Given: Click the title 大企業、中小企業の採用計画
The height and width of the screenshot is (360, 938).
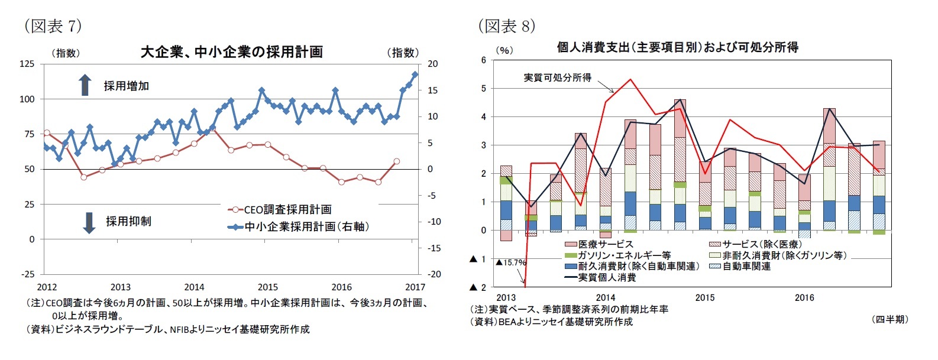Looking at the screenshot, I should [231, 52].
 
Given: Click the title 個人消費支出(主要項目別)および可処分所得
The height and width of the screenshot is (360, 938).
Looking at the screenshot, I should [677, 47].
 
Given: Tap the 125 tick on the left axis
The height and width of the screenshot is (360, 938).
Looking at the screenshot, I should [27, 64].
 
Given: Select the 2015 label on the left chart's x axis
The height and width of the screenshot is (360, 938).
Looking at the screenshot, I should [268, 287].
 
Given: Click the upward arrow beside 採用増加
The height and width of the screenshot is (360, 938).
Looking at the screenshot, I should [85, 85].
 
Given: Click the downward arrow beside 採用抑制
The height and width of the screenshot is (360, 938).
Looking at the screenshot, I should [89, 222].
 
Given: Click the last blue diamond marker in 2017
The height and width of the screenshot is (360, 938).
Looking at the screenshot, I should [415, 74].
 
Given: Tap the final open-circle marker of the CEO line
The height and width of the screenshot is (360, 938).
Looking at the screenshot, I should [396, 161].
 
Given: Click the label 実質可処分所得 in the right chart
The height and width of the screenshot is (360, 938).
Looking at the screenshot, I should [557, 77].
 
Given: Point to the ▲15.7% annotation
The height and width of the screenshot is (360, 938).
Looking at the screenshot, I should [510, 262].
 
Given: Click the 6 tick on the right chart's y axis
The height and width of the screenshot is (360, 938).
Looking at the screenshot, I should [483, 60].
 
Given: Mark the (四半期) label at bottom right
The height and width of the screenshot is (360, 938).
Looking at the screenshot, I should [889, 319].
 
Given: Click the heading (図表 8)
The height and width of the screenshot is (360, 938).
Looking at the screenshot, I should [506, 26].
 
